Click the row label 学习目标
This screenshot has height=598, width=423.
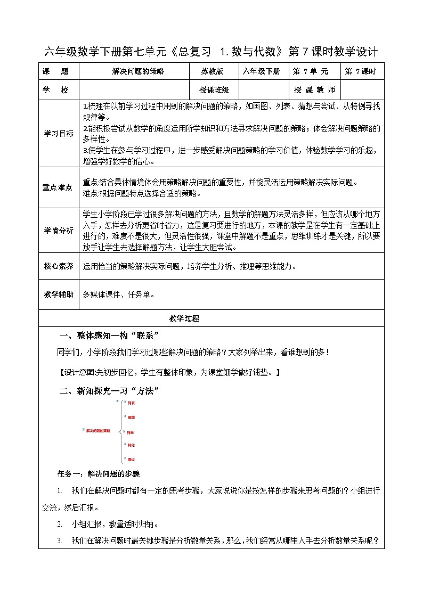click(59, 134)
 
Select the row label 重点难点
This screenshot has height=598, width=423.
click(59, 187)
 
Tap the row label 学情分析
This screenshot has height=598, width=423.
click(59, 230)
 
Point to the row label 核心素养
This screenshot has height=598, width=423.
click(59, 266)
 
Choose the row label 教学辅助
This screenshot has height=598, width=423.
click(59, 293)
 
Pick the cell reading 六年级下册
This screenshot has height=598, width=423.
click(262, 71)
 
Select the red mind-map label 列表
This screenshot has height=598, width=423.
click(131, 403)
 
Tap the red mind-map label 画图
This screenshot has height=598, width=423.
click(131, 417)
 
